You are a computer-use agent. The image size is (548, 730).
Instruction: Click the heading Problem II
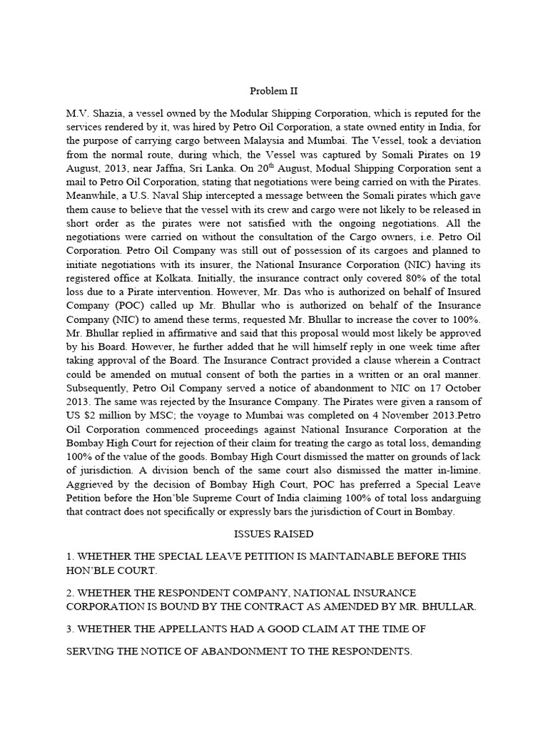point(273,91)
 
